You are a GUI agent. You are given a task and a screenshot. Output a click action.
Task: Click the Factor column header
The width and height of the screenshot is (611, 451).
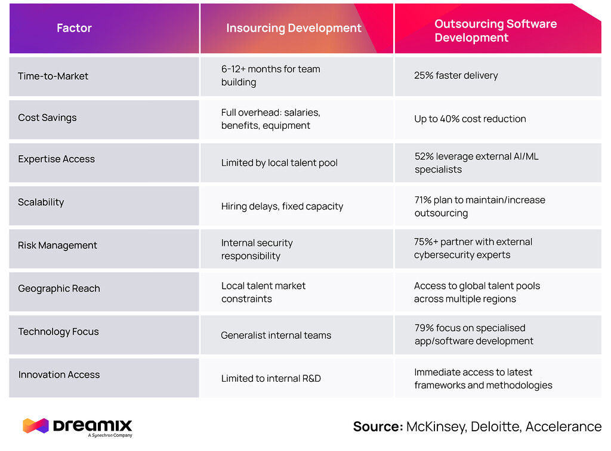pyautogui.click(x=74, y=28)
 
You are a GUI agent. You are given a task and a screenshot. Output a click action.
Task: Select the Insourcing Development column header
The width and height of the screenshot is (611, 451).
pyautogui.click(x=294, y=28)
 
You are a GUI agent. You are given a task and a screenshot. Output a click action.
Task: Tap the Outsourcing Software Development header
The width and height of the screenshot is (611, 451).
pyautogui.click(x=495, y=31)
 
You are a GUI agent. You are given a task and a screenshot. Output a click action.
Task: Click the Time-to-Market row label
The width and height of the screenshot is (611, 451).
pyautogui.click(x=53, y=76)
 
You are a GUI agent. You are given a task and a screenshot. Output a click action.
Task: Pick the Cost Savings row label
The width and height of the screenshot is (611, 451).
pyautogui.click(x=47, y=118)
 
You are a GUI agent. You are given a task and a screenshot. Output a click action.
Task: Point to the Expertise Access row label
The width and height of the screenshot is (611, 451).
pyautogui.click(x=56, y=159)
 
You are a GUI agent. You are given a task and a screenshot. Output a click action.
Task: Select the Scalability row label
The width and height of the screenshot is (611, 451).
pyautogui.click(x=41, y=202)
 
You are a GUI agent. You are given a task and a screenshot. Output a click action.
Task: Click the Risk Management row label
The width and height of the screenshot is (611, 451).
pyautogui.click(x=57, y=245)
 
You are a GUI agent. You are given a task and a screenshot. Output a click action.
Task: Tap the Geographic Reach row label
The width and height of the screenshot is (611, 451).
pyautogui.click(x=59, y=289)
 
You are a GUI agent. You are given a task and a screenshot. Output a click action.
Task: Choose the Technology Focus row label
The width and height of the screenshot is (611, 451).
pyautogui.click(x=58, y=332)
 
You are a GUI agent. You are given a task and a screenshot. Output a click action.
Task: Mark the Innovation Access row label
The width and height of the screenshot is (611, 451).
pyautogui.click(x=59, y=375)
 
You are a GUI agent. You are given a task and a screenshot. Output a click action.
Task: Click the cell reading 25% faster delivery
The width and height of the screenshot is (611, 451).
pyautogui.click(x=456, y=76)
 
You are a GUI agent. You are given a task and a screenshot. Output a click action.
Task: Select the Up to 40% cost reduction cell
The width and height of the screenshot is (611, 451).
pyautogui.click(x=470, y=119)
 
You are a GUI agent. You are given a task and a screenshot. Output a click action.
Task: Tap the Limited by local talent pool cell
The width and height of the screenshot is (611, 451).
pyautogui.click(x=279, y=163)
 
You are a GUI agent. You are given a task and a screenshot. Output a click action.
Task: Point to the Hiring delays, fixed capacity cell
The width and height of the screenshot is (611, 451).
pyautogui.click(x=282, y=206)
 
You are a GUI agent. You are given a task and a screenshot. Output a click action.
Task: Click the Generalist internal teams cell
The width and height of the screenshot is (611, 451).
pyautogui.click(x=276, y=335)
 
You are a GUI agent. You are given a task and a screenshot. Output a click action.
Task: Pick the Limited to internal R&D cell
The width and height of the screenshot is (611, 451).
pyautogui.click(x=271, y=378)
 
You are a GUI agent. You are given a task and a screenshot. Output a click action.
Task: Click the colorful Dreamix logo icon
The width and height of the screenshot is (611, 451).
pyautogui.click(x=35, y=425)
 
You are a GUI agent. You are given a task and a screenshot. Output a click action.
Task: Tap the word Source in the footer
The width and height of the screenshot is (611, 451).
pyautogui.click(x=377, y=427)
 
